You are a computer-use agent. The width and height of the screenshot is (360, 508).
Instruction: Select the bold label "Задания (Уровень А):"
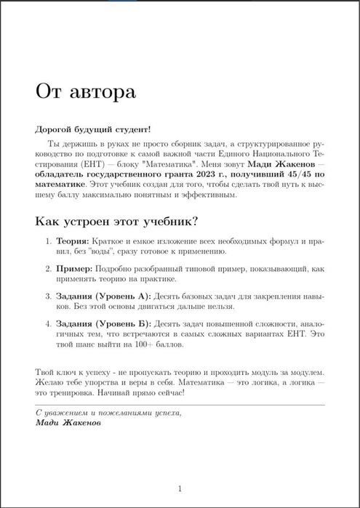click(x=103, y=297)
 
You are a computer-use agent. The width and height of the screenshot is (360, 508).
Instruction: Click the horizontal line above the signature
click(x=180, y=404)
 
